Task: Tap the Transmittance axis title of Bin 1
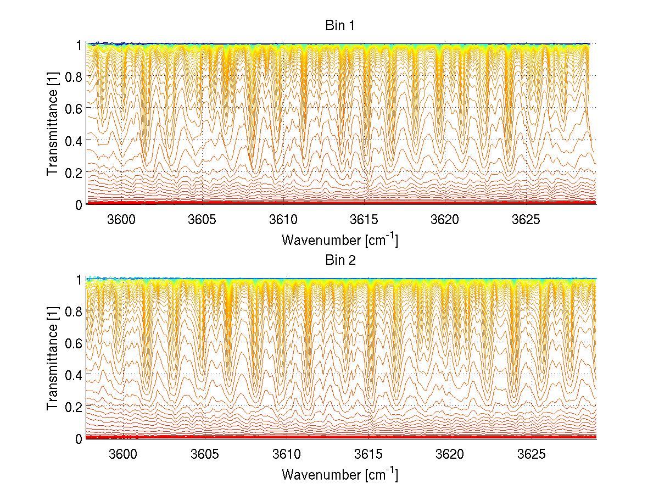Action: click(x=52, y=124)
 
